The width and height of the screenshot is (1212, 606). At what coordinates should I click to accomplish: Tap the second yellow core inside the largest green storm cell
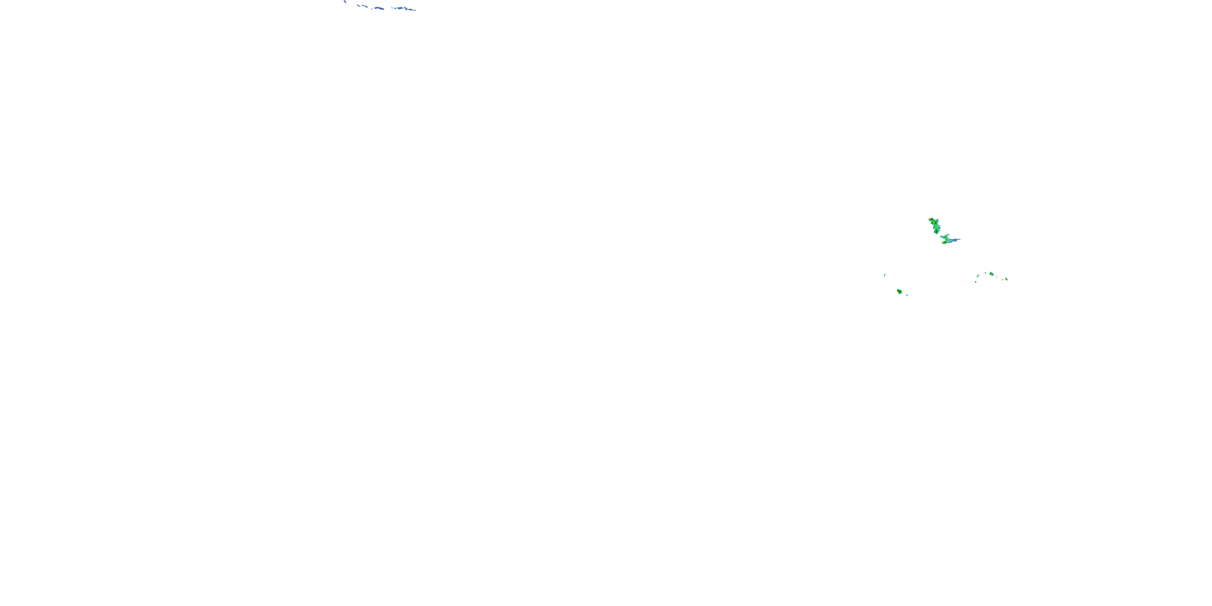(934, 223)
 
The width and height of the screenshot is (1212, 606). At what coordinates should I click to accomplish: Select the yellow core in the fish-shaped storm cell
(944, 243)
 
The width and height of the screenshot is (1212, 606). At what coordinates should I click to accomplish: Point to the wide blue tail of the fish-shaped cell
(955, 240)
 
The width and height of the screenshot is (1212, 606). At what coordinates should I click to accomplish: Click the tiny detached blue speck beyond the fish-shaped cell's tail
(960, 239)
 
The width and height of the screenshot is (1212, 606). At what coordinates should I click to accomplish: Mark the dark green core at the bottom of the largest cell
(937, 231)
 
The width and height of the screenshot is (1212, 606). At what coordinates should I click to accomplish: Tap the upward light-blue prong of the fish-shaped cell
(948, 234)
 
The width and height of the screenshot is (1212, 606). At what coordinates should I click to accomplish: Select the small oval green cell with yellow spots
(900, 292)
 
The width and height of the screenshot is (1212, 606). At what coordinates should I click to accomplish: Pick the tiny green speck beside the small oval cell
(907, 295)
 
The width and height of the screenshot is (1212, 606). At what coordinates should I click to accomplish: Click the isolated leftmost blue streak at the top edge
(345, 1)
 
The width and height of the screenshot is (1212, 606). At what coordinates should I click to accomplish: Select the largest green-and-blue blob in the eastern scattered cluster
(992, 274)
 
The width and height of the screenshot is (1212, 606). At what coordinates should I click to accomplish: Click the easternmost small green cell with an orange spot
(1007, 280)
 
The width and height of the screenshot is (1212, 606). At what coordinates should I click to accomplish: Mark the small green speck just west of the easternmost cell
(1003, 280)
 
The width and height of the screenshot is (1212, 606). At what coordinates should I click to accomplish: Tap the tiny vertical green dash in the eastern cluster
(997, 277)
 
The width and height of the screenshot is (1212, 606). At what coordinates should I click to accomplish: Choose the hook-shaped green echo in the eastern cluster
(978, 276)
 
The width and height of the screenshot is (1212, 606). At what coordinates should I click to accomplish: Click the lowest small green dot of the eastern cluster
(976, 282)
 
